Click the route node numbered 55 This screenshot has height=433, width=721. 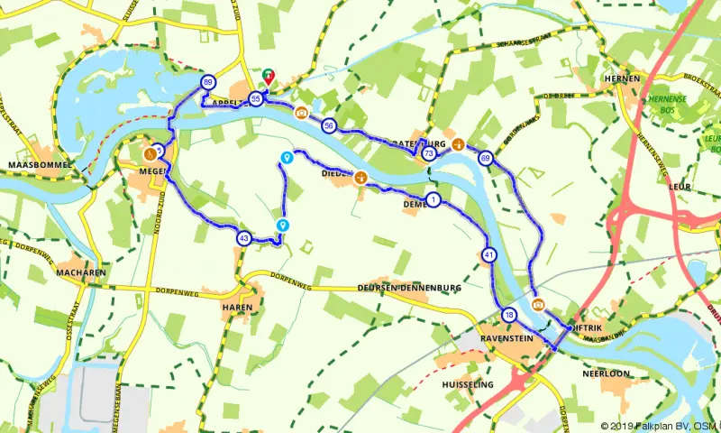click(257, 98)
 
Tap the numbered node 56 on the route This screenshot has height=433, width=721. click(328, 125)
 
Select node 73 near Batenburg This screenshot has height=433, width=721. click(428, 154)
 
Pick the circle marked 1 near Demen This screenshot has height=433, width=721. click(434, 199)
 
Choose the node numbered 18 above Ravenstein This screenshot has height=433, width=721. click(509, 315)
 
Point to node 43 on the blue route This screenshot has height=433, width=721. click(243, 238)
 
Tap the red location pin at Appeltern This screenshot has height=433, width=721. click(269, 78)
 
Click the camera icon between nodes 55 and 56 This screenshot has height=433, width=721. click(301, 113)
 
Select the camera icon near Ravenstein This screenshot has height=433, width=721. click(538, 303)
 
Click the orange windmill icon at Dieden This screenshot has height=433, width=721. click(361, 178)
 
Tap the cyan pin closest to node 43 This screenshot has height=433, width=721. click(283, 225)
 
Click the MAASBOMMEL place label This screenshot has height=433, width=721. click(33, 167)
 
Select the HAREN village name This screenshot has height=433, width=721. click(236, 305)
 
